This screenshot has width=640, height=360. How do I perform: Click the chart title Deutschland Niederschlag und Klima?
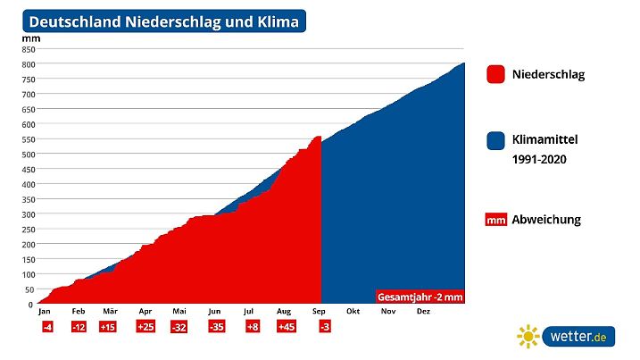[163, 21]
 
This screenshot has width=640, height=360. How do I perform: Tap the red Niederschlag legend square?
[496, 74]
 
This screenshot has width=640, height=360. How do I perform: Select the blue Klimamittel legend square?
[496, 140]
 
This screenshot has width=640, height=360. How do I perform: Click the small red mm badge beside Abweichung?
[496, 220]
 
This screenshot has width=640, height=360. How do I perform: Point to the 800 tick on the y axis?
[28, 64]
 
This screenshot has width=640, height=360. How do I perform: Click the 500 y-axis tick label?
[28, 155]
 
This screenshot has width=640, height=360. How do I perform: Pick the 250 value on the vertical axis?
[28, 230]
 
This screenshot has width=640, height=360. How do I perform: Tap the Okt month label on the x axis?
[353, 312]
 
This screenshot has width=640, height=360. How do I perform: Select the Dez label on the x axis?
[424, 312]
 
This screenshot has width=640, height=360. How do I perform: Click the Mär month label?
[110, 312]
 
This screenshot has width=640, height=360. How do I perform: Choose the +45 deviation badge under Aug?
[287, 328]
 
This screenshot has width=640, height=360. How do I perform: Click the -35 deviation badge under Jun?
[216, 328]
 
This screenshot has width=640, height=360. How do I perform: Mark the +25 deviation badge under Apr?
[145, 328]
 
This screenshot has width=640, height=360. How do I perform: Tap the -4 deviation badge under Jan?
[46, 328]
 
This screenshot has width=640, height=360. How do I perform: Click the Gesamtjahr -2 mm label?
[418, 297]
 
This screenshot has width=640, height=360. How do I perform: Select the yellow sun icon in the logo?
[528, 337]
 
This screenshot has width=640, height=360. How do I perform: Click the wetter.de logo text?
[579, 337]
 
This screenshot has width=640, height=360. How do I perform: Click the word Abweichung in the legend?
[546, 220]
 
